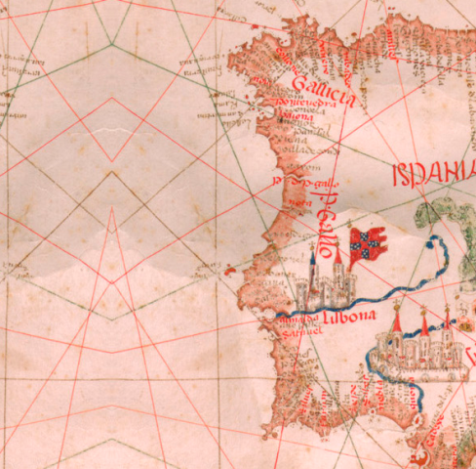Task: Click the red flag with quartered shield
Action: pos(370,240)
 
